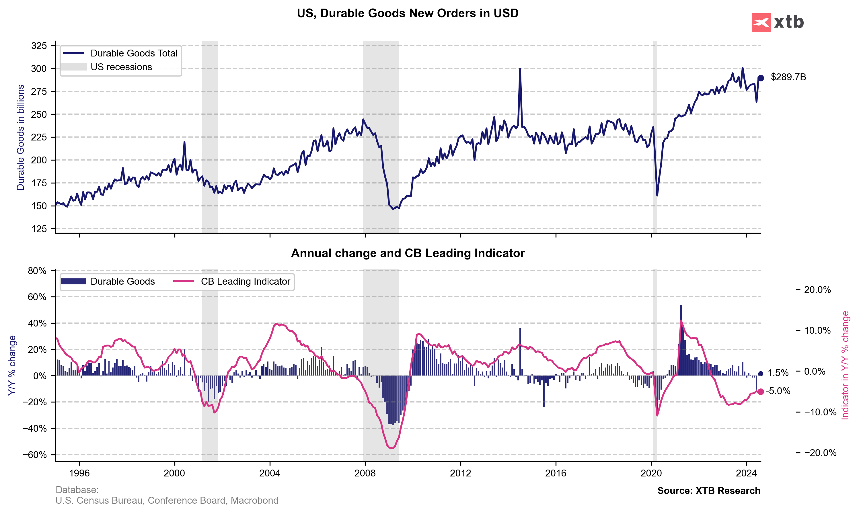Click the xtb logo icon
coord(761,23)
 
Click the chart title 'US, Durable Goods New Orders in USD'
coord(408,13)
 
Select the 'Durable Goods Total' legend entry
coord(133,53)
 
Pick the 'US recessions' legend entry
coord(121,67)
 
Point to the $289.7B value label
coord(788,77)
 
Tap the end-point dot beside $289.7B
coord(761,78)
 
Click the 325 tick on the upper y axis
coord(39,46)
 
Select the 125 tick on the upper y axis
coord(39,229)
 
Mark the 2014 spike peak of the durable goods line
coord(520,69)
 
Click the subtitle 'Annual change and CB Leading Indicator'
coord(408,253)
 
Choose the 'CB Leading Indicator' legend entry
coord(245,282)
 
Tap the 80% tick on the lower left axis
coord(37,271)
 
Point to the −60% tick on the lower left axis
coord(35,455)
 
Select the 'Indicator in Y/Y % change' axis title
coord(845,366)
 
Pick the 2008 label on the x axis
coord(365,473)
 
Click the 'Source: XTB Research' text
coord(709,491)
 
